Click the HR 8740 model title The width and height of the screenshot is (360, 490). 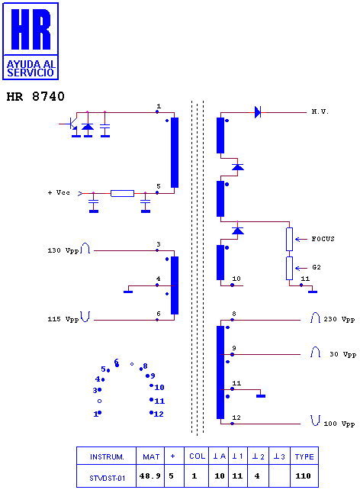pos(35,96)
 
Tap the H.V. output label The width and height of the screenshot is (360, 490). pos(320,111)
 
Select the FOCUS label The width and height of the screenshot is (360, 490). pos(323,239)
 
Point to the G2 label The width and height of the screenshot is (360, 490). pos(317,267)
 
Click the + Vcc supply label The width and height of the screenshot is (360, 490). pos(59,192)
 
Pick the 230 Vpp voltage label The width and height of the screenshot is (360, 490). pos(339,319)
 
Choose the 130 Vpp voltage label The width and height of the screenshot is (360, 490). pos(63,250)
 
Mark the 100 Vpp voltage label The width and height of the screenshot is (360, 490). pos(339,424)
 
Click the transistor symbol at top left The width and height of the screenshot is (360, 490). pos(72,125)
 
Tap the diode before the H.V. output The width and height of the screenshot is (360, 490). pos(258,112)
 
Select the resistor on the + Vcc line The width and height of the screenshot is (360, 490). pos(122,193)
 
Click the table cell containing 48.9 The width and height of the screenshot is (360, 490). pos(149,476)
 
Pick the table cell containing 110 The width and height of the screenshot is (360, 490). pos(304,476)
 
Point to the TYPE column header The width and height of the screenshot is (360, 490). pos(304,456)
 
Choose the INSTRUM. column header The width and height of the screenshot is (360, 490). pos(107,456)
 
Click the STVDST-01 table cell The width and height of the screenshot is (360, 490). pos(107,478)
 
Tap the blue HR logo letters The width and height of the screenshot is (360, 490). pos(31,29)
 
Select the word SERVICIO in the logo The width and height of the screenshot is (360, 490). pos(31,73)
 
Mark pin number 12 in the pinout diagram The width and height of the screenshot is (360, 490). pos(159,414)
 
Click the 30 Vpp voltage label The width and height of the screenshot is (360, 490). pos(342,354)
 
